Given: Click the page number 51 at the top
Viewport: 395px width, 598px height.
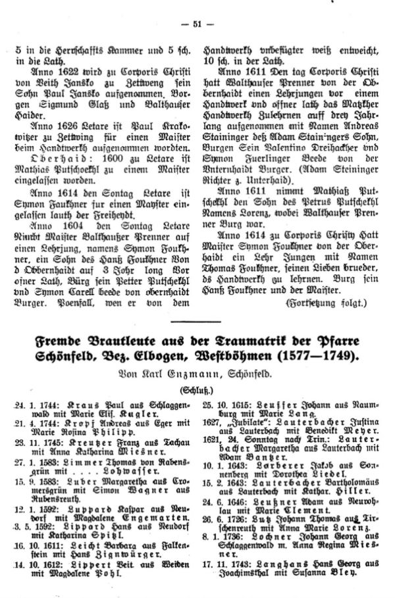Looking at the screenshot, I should [x=197, y=24].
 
